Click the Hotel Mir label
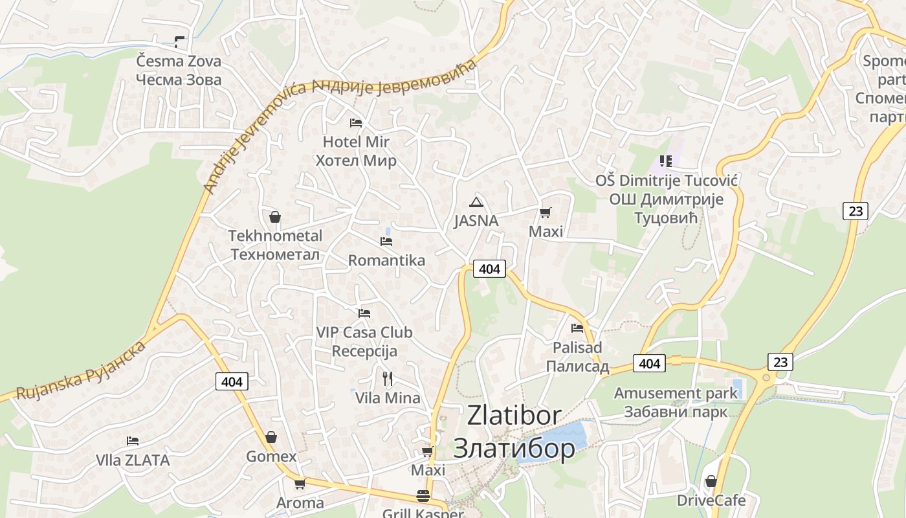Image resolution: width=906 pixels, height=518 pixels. tap(356, 142)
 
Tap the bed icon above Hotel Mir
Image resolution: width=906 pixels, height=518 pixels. tap(356, 122)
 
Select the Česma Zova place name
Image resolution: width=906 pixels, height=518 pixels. tap(179, 62)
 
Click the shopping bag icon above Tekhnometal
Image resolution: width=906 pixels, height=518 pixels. tap(275, 217)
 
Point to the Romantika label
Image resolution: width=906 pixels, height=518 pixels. tap(386, 260)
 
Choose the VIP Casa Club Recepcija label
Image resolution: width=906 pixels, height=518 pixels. tap(364, 342)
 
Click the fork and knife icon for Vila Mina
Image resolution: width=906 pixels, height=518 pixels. tap(388, 378)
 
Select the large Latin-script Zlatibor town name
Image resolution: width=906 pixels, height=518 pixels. tap(514, 416)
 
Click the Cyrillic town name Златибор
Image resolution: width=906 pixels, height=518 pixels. tap(514, 448)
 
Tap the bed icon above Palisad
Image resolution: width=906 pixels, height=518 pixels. tap(577, 328)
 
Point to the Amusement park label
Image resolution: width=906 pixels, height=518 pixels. tap(676, 393)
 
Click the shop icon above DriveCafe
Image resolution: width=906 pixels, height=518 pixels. tap(711, 481)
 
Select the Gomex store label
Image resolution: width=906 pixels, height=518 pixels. tap(271, 456)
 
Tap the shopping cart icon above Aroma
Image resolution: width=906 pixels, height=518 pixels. tap(300, 484)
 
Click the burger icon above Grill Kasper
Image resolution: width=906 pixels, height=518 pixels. tap(423, 496)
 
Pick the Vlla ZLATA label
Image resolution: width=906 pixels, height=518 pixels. tap(133, 460)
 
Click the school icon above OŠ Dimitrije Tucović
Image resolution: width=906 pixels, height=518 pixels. tap(666, 161)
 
